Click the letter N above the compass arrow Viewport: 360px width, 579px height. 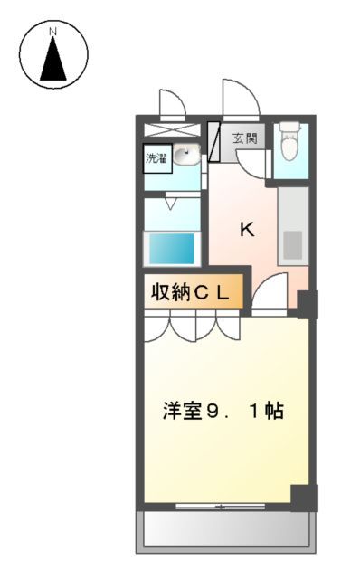point(53,32)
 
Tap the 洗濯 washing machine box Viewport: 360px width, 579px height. point(156,158)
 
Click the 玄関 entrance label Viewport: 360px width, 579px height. point(244,138)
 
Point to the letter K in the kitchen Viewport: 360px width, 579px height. point(246,229)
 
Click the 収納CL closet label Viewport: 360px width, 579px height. point(192,293)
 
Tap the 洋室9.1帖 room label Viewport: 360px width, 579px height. point(223,410)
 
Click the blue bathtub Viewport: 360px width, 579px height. point(171,247)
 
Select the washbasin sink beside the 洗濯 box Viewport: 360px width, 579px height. point(186,157)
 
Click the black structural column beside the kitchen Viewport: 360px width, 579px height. point(308,304)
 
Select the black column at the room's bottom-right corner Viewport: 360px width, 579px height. point(304,498)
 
